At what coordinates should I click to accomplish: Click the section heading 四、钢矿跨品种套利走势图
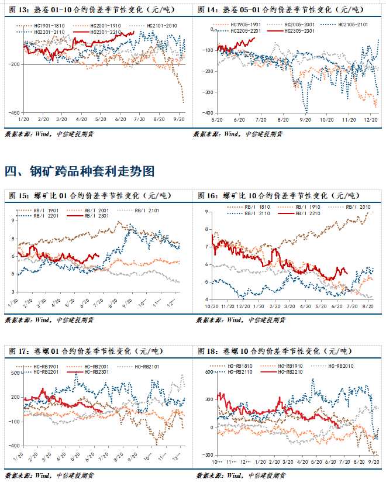[x=80, y=171]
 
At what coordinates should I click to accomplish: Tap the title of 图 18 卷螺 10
[x=274, y=351]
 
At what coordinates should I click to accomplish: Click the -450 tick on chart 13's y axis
[x=13, y=112]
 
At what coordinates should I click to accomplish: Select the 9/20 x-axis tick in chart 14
[x=305, y=119]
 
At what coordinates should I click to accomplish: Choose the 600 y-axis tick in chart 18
[x=206, y=372]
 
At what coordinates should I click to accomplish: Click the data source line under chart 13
[x=49, y=133]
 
